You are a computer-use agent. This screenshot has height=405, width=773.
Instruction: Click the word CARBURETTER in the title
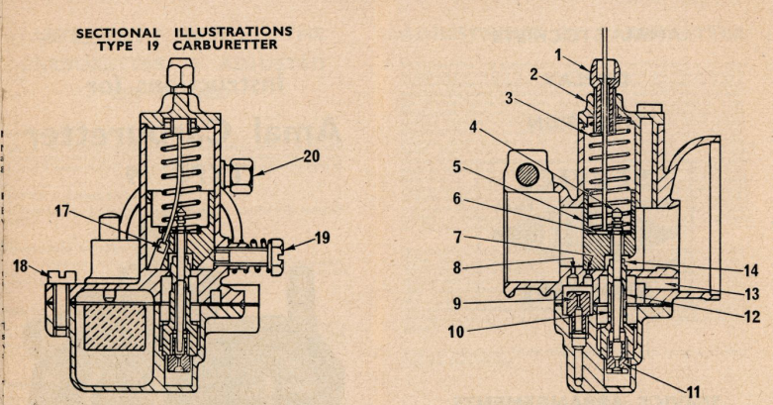[226, 45]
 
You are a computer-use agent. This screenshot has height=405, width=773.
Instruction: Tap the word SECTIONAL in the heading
[119, 34]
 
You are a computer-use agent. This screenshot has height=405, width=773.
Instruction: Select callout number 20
[311, 156]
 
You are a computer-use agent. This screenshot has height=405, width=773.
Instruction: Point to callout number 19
[322, 238]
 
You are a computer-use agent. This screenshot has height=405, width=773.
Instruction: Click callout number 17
[62, 212]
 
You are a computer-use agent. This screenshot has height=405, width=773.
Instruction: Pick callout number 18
[20, 266]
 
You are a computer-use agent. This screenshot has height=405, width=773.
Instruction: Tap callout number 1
[558, 55]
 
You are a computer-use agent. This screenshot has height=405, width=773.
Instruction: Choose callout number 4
[473, 128]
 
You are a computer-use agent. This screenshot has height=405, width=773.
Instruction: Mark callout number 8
[457, 268]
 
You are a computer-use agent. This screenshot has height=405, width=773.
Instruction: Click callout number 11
[693, 392]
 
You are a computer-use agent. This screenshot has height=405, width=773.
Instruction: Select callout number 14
[751, 270]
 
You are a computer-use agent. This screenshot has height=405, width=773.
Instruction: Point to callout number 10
[456, 332]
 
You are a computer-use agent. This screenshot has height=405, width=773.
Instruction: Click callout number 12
[752, 316]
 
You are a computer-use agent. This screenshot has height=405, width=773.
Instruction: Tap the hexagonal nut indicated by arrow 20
[242, 175]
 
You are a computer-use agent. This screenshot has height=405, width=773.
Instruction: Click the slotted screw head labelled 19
[275, 256]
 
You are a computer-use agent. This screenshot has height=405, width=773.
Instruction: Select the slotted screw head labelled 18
[60, 277]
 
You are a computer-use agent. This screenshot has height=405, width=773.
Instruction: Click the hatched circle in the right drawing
[527, 174]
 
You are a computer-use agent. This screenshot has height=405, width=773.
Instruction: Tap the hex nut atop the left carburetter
[180, 73]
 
